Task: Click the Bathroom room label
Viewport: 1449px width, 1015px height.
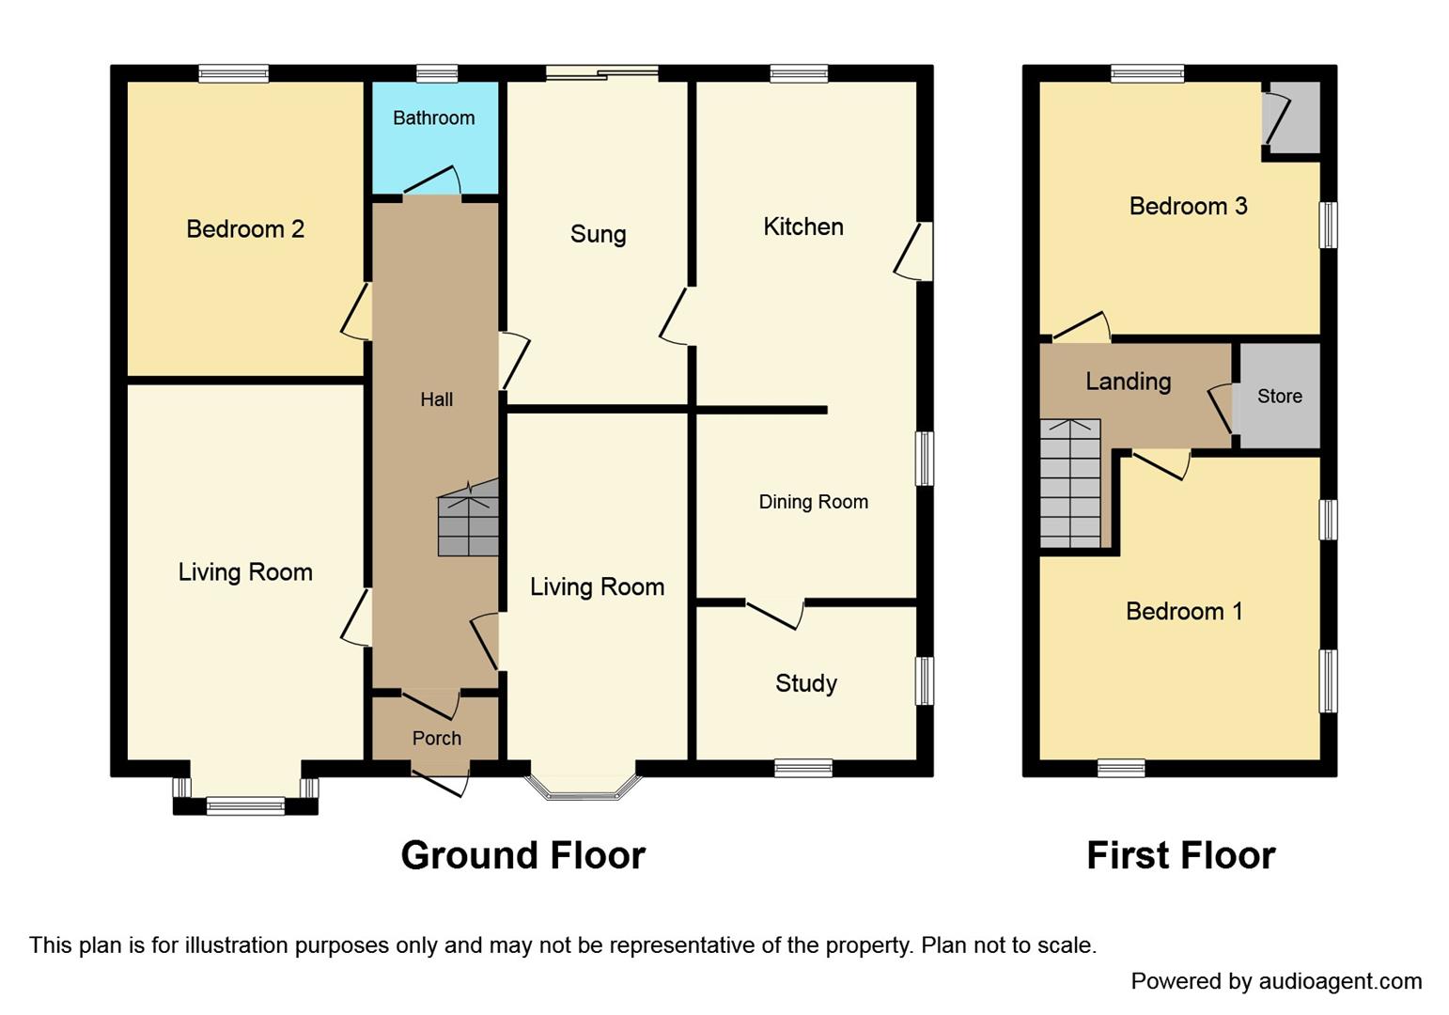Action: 433,118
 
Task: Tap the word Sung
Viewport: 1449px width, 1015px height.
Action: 598,234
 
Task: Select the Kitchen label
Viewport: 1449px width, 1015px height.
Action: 802,226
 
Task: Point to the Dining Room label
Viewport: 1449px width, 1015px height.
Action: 813,502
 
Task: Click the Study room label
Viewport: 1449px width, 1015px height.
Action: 805,683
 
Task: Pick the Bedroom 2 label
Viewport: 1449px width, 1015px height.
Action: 245,229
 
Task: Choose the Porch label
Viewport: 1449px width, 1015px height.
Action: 436,739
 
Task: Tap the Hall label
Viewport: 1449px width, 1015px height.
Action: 436,399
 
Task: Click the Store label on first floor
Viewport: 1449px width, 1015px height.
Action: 1279,397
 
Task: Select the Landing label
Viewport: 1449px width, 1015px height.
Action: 1128,382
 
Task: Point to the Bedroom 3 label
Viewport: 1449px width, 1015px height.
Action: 1188,207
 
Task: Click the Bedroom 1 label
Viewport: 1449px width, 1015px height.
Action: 1184,612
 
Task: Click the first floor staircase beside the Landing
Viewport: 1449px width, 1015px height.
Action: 1069,484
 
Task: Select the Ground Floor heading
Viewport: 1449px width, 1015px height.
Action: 522,856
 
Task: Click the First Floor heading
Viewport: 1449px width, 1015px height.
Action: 1180,856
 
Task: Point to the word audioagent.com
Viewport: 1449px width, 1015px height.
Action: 1340,981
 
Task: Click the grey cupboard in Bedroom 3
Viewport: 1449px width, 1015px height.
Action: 1293,118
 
